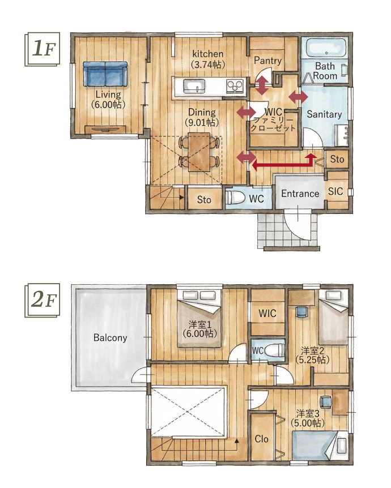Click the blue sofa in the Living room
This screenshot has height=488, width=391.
pyautogui.click(x=105, y=74)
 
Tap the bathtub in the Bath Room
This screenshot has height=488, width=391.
pyautogui.click(x=326, y=48)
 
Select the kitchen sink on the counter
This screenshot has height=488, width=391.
pyautogui.click(x=194, y=86)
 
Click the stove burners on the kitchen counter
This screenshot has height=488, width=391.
pyautogui.click(x=235, y=86)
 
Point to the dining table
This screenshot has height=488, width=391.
pyautogui.click(x=199, y=152)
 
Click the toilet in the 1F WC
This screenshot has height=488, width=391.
pyautogui.click(x=236, y=198)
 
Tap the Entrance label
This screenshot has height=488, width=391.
pyautogui.click(x=300, y=194)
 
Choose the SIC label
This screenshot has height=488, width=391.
pyautogui.click(x=335, y=191)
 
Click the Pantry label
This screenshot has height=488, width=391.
pyautogui.click(x=267, y=61)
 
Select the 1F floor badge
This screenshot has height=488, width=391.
pyautogui.click(x=42, y=49)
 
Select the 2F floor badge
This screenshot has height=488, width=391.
pyautogui.click(x=42, y=301)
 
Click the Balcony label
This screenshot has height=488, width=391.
pyautogui.click(x=110, y=337)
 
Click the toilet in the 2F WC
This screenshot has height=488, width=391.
pyautogui.click(x=274, y=350)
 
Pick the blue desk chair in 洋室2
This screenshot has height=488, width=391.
pyautogui.click(x=301, y=312)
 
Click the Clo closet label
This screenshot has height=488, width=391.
pyautogui.click(x=261, y=439)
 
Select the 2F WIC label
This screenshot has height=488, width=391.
pyautogui.click(x=267, y=313)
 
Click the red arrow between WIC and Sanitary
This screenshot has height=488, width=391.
pyautogui.click(x=298, y=97)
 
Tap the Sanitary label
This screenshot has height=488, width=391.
pyautogui.click(x=324, y=114)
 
